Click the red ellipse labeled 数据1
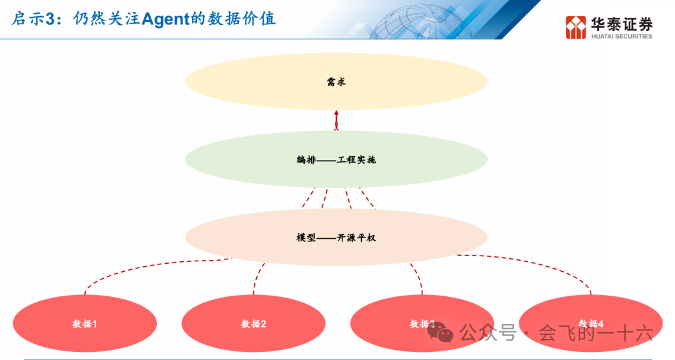coord(84,324)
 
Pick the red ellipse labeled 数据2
coord(253,324)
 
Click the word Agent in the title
coord(164,19)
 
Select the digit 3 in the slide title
coord(51,19)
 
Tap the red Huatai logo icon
coord(576,27)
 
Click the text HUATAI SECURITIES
coord(621,36)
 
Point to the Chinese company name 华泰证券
coord(621,24)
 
